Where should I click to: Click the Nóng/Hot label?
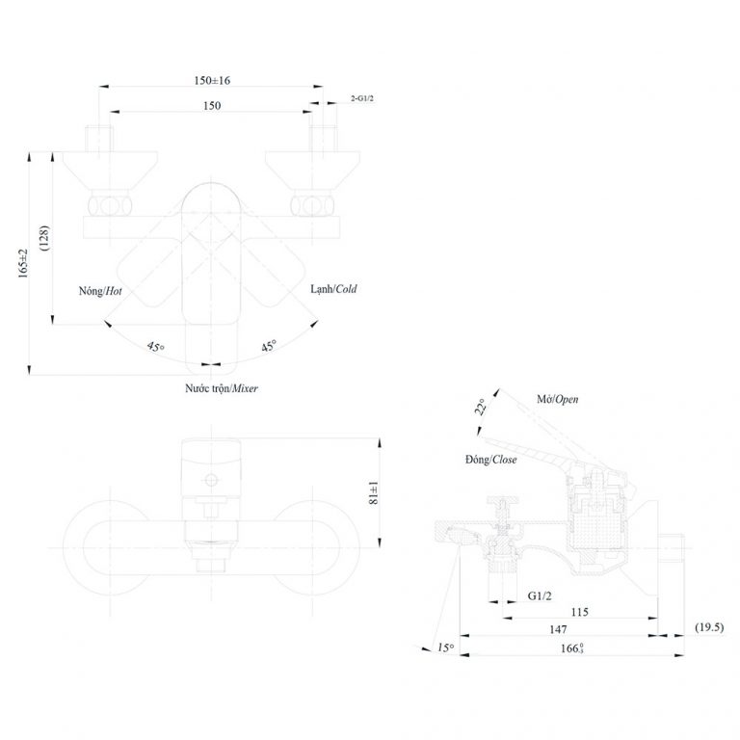100,290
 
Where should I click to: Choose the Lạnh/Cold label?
333,289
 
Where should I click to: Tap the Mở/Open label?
558,398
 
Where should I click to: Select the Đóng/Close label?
490,460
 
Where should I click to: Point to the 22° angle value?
480,408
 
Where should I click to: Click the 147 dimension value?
559,628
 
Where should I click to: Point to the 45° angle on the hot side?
154,347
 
